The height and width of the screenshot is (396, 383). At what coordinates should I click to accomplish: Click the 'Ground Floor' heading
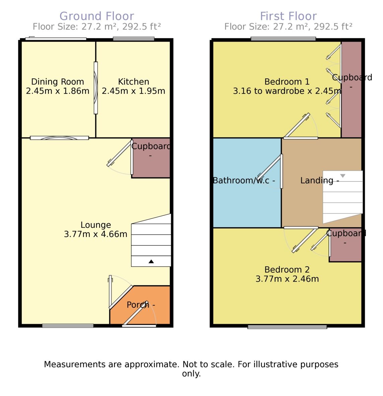(97, 16)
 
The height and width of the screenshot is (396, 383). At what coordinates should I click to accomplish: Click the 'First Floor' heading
(288, 16)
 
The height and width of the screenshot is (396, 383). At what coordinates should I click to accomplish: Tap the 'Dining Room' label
(58, 81)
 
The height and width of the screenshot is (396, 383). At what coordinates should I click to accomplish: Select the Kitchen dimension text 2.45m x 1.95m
(134, 91)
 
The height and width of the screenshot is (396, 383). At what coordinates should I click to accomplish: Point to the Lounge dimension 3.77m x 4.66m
(96, 234)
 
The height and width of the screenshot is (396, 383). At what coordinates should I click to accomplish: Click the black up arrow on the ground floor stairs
(151, 261)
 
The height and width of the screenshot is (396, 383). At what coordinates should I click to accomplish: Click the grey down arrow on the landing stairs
(342, 176)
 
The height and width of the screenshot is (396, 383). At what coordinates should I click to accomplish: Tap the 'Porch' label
(138, 305)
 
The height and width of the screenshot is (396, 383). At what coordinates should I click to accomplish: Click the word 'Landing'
(317, 180)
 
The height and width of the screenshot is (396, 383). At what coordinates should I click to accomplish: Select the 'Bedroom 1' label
(287, 81)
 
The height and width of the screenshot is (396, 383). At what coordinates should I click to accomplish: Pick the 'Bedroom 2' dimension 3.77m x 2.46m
(287, 279)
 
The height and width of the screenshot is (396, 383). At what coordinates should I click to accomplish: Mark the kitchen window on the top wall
(134, 39)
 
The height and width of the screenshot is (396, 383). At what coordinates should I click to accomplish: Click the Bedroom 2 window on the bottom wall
(287, 327)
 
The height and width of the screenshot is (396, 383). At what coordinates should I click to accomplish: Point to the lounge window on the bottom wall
(68, 326)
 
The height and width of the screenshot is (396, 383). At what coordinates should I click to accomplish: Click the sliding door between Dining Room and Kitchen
(96, 88)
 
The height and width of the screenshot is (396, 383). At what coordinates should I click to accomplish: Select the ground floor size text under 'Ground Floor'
(97, 26)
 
